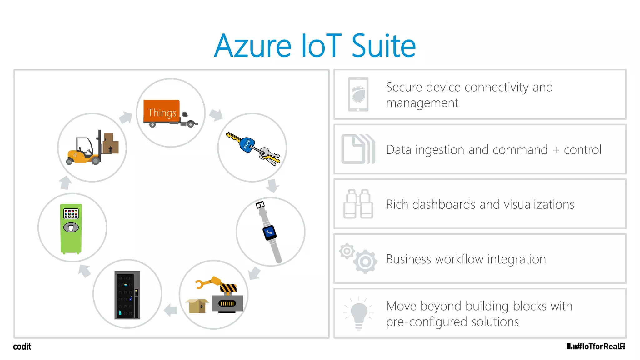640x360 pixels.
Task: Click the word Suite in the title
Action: tap(383, 46)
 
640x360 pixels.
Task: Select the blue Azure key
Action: tap(247, 144)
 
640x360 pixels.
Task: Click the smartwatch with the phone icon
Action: tap(269, 232)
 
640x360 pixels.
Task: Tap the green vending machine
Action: tap(71, 228)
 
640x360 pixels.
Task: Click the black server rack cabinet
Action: tap(127, 295)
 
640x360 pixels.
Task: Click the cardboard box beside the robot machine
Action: tap(197, 306)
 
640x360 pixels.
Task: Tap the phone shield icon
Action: tap(358, 94)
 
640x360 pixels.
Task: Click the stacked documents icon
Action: tap(358, 149)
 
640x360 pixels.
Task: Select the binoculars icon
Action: tap(358, 204)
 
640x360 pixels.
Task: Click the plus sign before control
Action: tap(556, 150)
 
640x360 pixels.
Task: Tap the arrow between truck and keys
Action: tap(216, 115)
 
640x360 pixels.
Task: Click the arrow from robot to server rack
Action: tap(171, 310)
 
